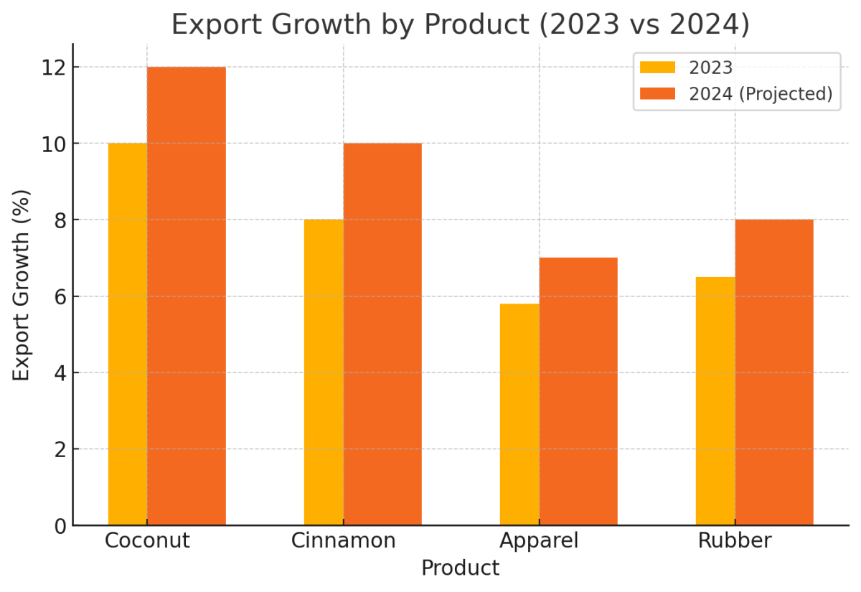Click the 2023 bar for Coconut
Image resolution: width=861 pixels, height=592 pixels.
128,334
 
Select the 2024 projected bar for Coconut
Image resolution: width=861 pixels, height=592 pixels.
187,296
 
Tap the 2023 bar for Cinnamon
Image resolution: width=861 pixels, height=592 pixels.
324,372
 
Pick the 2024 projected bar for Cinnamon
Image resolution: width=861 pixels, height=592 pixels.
382,334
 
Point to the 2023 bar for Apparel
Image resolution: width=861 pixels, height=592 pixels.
519,415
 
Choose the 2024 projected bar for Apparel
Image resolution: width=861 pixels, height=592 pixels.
578,392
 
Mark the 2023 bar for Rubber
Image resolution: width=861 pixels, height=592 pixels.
715,401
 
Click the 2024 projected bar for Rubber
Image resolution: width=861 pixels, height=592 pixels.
774,372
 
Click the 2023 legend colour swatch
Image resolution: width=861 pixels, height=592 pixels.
657,68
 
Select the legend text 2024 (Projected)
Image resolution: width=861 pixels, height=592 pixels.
761,94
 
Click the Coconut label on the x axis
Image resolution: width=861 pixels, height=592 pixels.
147,540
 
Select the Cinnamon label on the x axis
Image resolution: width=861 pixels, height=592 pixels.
343,540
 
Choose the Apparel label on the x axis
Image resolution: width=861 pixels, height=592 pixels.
539,540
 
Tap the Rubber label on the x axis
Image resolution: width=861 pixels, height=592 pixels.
735,540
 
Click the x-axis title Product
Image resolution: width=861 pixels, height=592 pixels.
460,568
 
